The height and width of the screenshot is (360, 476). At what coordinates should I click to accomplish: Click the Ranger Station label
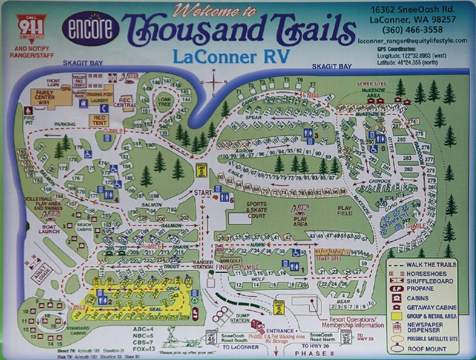(x=203, y=265)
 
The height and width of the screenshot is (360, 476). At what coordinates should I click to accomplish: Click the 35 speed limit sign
(x=346, y=338)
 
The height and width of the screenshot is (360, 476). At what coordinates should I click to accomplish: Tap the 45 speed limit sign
(x=212, y=338)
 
